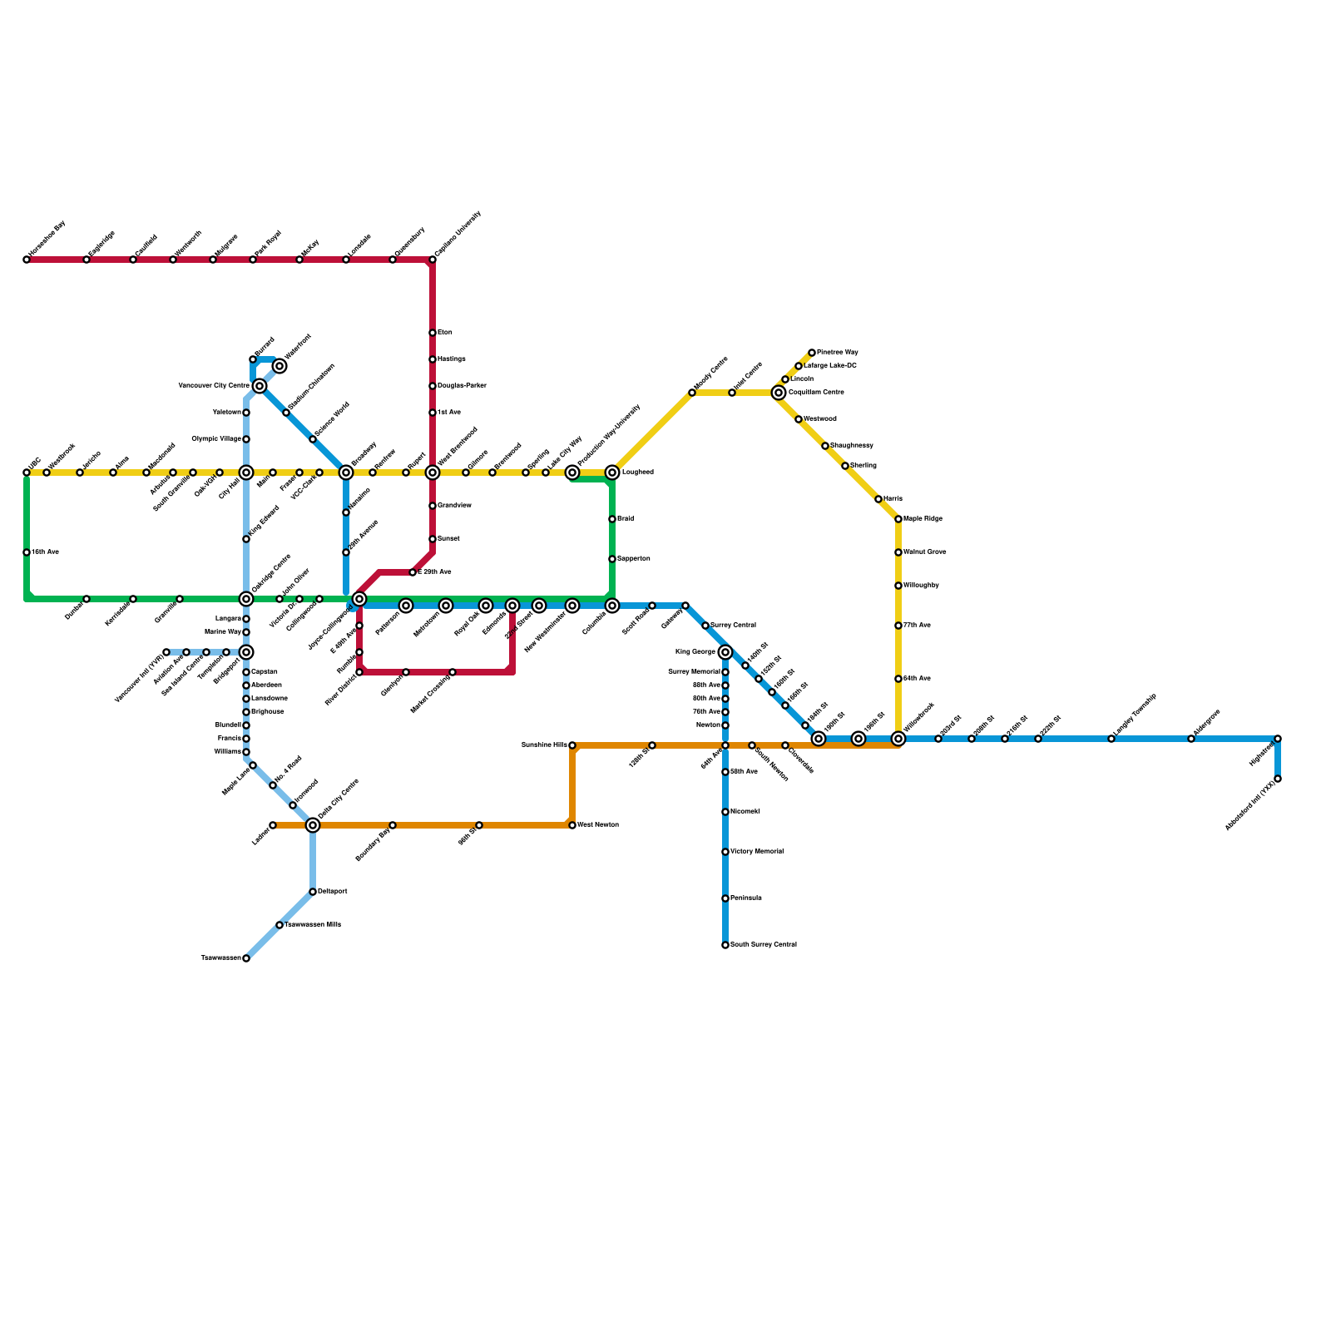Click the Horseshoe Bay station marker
coord(27,260)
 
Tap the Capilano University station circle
coord(433,260)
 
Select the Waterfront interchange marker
coord(280,366)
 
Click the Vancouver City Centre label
coord(214,386)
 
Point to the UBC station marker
coord(27,473)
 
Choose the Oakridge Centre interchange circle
coord(246,599)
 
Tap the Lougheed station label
coord(638,473)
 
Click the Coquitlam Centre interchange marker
coord(779,393)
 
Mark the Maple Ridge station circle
coord(898,519)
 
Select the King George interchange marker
coord(725,652)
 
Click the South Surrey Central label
coord(764,945)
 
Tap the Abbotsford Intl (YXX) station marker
coord(1278,779)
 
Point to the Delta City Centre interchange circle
coord(313,825)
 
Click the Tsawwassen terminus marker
coord(246,958)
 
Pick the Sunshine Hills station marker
coord(572,745)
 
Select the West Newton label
coord(598,825)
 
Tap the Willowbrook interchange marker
coord(898,739)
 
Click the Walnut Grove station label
coord(925,552)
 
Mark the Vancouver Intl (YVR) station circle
coord(166,652)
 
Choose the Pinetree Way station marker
coord(812,353)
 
